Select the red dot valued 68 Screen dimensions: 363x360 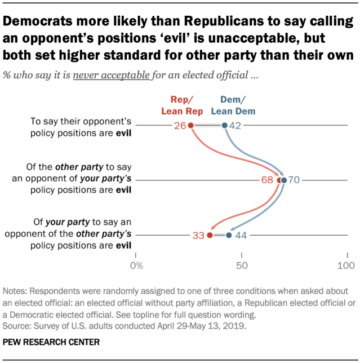click(279, 180)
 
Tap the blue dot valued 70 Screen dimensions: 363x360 click(284, 180)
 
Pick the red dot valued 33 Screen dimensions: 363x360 click(210, 235)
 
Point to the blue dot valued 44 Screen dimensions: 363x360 click(229, 235)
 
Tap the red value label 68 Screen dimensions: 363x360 click(268, 180)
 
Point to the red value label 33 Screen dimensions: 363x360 click(198, 235)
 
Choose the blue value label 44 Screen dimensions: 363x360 click(241, 235)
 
